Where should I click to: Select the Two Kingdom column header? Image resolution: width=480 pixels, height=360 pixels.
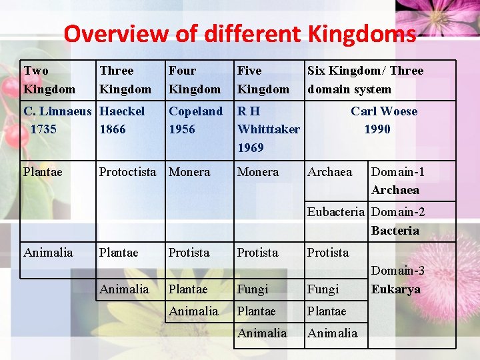tap(49, 79)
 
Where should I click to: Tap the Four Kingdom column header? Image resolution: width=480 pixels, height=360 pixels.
tap(194, 79)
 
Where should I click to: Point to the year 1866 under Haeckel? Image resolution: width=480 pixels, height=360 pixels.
tap(112, 129)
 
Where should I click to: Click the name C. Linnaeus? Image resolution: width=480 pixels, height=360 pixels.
tap(59, 111)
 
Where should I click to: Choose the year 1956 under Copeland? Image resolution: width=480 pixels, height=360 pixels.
tap(182, 129)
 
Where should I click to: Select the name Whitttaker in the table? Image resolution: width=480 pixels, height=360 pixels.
tap(269, 129)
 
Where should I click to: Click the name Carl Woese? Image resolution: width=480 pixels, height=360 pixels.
tap(384, 111)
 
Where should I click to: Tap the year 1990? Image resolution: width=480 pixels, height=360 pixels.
tap(377, 129)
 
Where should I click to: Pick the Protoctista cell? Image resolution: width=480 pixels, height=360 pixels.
tap(127, 172)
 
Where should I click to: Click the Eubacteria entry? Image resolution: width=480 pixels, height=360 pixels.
tap(337, 213)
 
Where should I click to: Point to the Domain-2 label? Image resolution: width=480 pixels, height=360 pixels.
tap(398, 213)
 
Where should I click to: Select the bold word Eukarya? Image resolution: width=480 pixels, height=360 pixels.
tap(396, 289)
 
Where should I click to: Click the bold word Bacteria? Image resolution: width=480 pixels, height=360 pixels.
tap(395, 231)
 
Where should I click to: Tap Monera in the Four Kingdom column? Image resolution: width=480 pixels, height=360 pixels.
tap(189, 172)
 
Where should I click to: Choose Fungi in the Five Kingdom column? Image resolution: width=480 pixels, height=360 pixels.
tap(253, 289)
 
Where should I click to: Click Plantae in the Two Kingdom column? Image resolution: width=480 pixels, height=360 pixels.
tap(43, 172)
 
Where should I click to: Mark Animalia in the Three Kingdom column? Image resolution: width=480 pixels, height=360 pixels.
tap(124, 289)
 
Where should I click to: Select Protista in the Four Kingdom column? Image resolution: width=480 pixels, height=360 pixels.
tap(189, 253)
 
